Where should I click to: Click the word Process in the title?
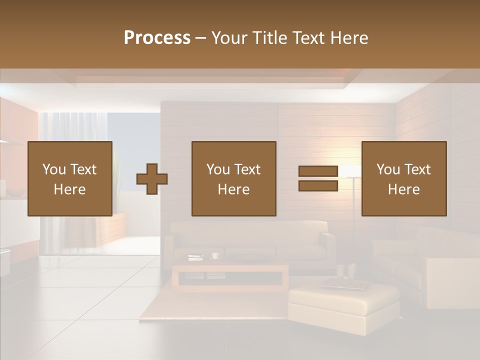[x=157, y=37]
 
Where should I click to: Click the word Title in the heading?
[x=270, y=37]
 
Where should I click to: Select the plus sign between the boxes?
[x=152, y=178]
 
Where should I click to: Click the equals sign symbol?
[x=318, y=178]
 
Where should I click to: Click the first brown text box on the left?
[x=70, y=178]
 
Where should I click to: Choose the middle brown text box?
[x=234, y=178]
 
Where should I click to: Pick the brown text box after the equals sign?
[x=404, y=178]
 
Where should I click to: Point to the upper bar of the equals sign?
[x=318, y=171]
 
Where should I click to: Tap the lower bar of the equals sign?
[x=318, y=186]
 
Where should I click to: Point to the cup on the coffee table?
[x=215, y=255]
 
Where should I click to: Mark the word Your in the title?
[x=228, y=37]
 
